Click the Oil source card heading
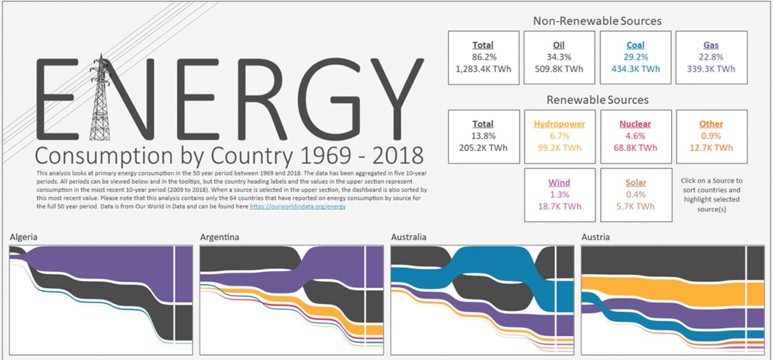559,45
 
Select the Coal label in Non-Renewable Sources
635,45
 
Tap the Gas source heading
711,45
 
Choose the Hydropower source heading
559,124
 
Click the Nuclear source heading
635,124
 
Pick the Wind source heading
559,183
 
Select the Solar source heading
635,183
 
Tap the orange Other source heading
711,124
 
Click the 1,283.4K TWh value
483,69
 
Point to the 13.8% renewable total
483,136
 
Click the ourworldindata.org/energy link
297,206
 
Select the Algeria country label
24,237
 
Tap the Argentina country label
219,237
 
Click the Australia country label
408,237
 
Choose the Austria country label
596,237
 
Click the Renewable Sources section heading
597,100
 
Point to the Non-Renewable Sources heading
597,21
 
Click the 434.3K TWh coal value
635,69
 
